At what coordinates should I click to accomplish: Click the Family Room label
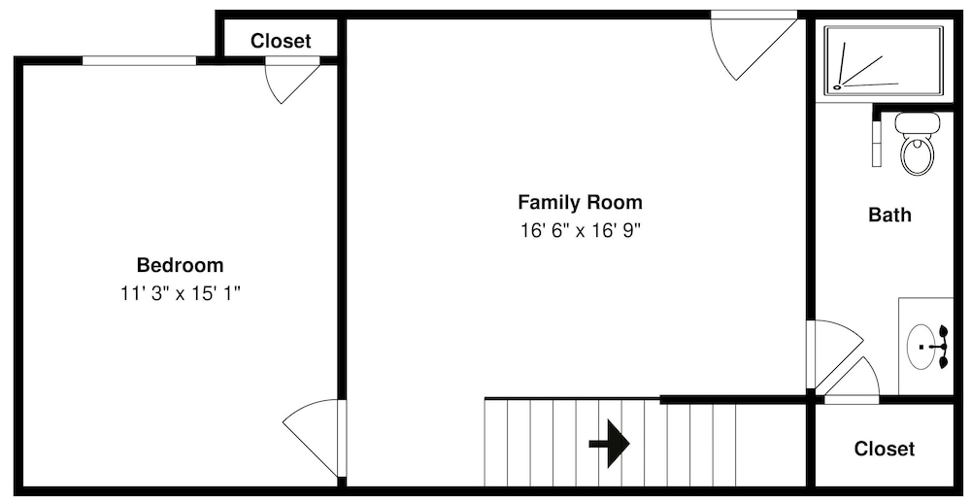(x=580, y=202)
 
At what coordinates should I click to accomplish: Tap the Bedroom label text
(x=180, y=265)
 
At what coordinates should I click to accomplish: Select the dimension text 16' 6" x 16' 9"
(x=580, y=231)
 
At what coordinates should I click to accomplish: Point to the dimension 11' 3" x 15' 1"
(x=180, y=293)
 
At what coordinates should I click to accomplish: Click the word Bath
(x=889, y=215)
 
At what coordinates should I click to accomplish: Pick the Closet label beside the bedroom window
(x=281, y=41)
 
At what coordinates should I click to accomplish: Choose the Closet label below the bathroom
(x=884, y=449)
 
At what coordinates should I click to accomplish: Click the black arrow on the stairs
(x=610, y=443)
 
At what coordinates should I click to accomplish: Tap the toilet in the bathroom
(x=917, y=144)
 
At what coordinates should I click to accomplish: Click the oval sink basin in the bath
(x=922, y=347)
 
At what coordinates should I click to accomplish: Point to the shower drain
(x=838, y=87)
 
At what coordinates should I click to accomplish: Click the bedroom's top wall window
(x=139, y=60)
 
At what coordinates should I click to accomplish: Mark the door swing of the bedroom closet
(x=291, y=83)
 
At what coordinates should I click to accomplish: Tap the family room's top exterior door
(x=753, y=47)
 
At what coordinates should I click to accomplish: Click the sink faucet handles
(x=943, y=347)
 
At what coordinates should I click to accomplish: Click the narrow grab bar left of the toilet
(x=876, y=143)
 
